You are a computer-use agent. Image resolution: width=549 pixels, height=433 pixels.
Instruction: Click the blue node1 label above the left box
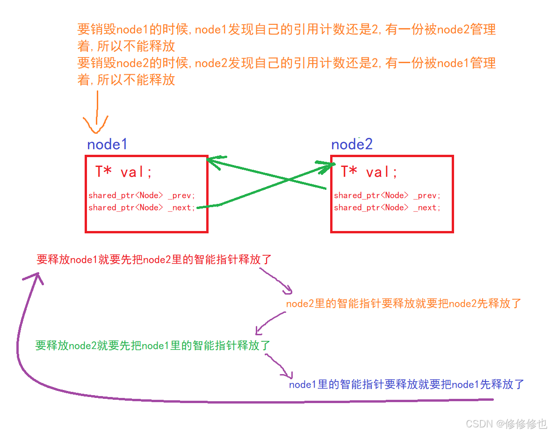[107, 144]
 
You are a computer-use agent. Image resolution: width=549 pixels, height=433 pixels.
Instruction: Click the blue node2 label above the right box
[352, 144]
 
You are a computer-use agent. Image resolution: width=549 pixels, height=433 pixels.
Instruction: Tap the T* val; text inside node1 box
[124, 172]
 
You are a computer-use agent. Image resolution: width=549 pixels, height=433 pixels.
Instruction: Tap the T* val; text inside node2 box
[369, 172]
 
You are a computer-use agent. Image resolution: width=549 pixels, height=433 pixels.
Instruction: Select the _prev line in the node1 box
[142, 195]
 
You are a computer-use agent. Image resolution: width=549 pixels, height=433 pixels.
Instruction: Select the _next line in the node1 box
[142, 208]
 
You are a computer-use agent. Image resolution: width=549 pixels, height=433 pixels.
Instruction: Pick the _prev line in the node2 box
[387, 195]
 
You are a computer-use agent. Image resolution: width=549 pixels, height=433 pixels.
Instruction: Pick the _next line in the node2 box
[387, 208]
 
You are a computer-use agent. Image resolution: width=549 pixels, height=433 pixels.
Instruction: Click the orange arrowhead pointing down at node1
[96, 125]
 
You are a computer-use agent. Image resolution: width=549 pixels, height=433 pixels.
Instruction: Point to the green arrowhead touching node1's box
[213, 161]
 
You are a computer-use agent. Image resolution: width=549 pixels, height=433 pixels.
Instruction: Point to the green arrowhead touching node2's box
[327, 165]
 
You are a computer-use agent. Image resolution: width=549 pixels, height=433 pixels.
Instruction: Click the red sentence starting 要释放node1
[154, 260]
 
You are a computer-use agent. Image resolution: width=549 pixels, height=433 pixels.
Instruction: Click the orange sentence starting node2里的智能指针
[404, 304]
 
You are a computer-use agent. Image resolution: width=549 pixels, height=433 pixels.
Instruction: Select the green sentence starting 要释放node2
[153, 346]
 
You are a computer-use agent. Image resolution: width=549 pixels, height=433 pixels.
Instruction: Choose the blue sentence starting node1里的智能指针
[406, 385]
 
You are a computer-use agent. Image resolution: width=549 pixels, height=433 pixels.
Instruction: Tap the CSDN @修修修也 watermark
[506, 424]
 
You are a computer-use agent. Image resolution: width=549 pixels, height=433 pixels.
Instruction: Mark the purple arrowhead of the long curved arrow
[34, 279]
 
